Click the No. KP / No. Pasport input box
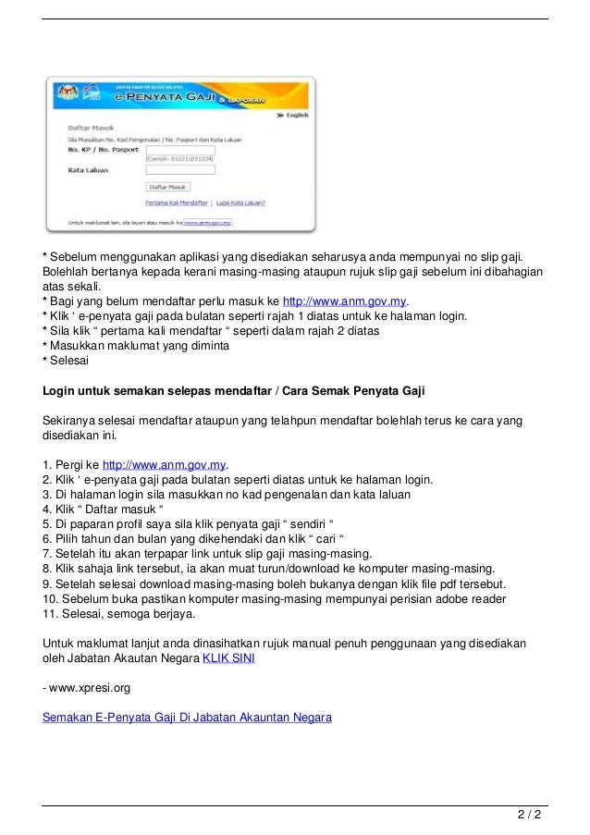180,149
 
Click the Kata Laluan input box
180,170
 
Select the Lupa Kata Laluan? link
242,202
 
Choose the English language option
293,117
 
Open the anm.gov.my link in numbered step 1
164,464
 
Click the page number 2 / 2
528,817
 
